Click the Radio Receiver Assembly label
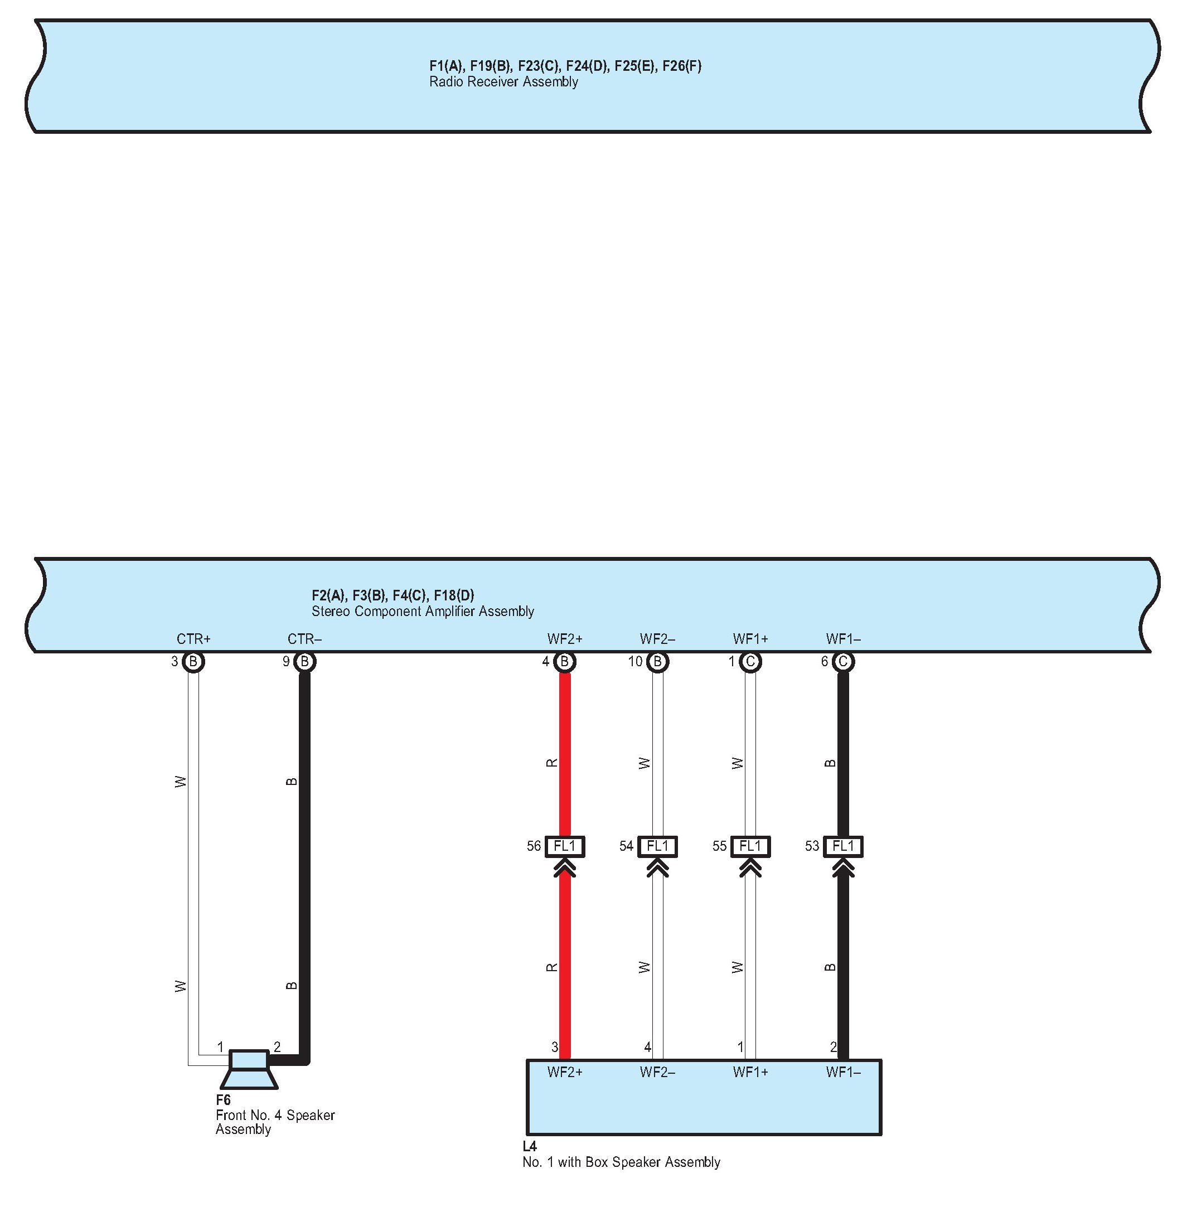(x=503, y=81)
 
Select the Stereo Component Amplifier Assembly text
(x=422, y=611)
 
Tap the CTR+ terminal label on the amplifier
(x=193, y=639)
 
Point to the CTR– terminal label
(x=304, y=639)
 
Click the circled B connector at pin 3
(x=193, y=662)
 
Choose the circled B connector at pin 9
(x=304, y=662)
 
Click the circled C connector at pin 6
(x=843, y=662)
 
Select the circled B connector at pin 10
(x=657, y=662)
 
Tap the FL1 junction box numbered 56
(x=565, y=846)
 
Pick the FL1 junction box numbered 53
(x=843, y=846)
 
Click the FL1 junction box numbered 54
(x=657, y=846)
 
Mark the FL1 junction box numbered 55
(x=750, y=846)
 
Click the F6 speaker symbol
(x=249, y=1069)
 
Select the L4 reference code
(x=529, y=1146)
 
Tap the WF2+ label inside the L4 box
(x=565, y=1072)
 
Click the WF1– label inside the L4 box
(x=843, y=1072)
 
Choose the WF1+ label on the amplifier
(x=750, y=639)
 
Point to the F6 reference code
(x=222, y=1100)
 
